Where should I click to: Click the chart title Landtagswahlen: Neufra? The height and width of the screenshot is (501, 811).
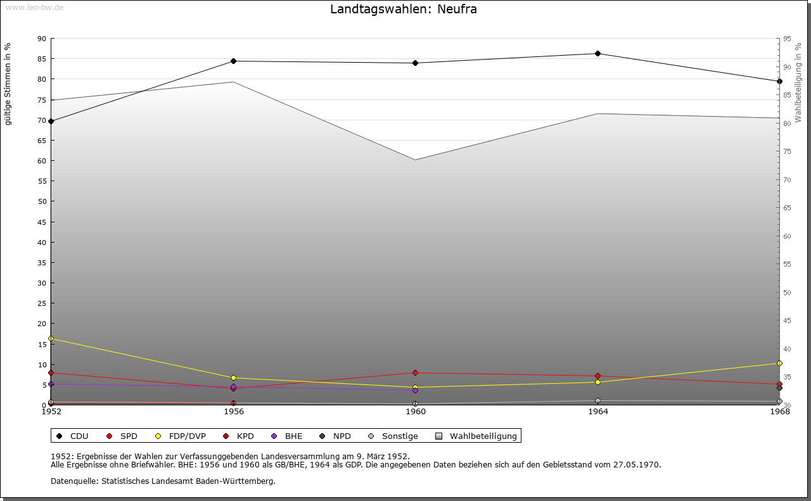pyautogui.click(x=404, y=10)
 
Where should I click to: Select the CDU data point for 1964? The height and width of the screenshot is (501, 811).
pyautogui.click(x=597, y=54)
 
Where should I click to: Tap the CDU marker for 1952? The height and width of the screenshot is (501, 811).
pyautogui.click(x=51, y=121)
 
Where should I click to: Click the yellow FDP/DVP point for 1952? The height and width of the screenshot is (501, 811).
pyautogui.click(x=51, y=339)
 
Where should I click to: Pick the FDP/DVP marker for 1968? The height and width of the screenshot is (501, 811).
pyautogui.click(x=779, y=364)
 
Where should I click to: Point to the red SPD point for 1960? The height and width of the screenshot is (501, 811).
pyautogui.click(x=416, y=372)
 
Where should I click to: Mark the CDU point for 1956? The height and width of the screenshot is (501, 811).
pyautogui.click(x=234, y=61)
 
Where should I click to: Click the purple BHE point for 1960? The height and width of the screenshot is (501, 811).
pyautogui.click(x=416, y=390)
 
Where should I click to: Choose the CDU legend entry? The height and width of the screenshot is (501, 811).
pyautogui.click(x=73, y=436)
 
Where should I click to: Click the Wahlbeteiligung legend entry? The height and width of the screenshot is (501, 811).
pyautogui.click(x=476, y=436)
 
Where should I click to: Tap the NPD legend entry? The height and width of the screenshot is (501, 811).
pyautogui.click(x=335, y=436)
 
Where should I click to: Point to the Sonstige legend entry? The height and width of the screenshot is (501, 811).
pyautogui.click(x=393, y=436)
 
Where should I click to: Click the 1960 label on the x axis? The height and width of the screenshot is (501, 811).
pyautogui.click(x=416, y=412)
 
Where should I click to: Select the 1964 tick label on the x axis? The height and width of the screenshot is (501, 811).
pyautogui.click(x=597, y=412)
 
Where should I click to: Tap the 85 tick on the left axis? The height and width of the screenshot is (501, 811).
pyautogui.click(x=42, y=59)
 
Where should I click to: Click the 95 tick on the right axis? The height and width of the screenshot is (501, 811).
pyautogui.click(x=787, y=39)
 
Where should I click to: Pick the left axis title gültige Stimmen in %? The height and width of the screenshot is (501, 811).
pyautogui.click(x=8, y=84)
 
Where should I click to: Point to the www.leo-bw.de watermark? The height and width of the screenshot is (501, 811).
pyautogui.click(x=34, y=6)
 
